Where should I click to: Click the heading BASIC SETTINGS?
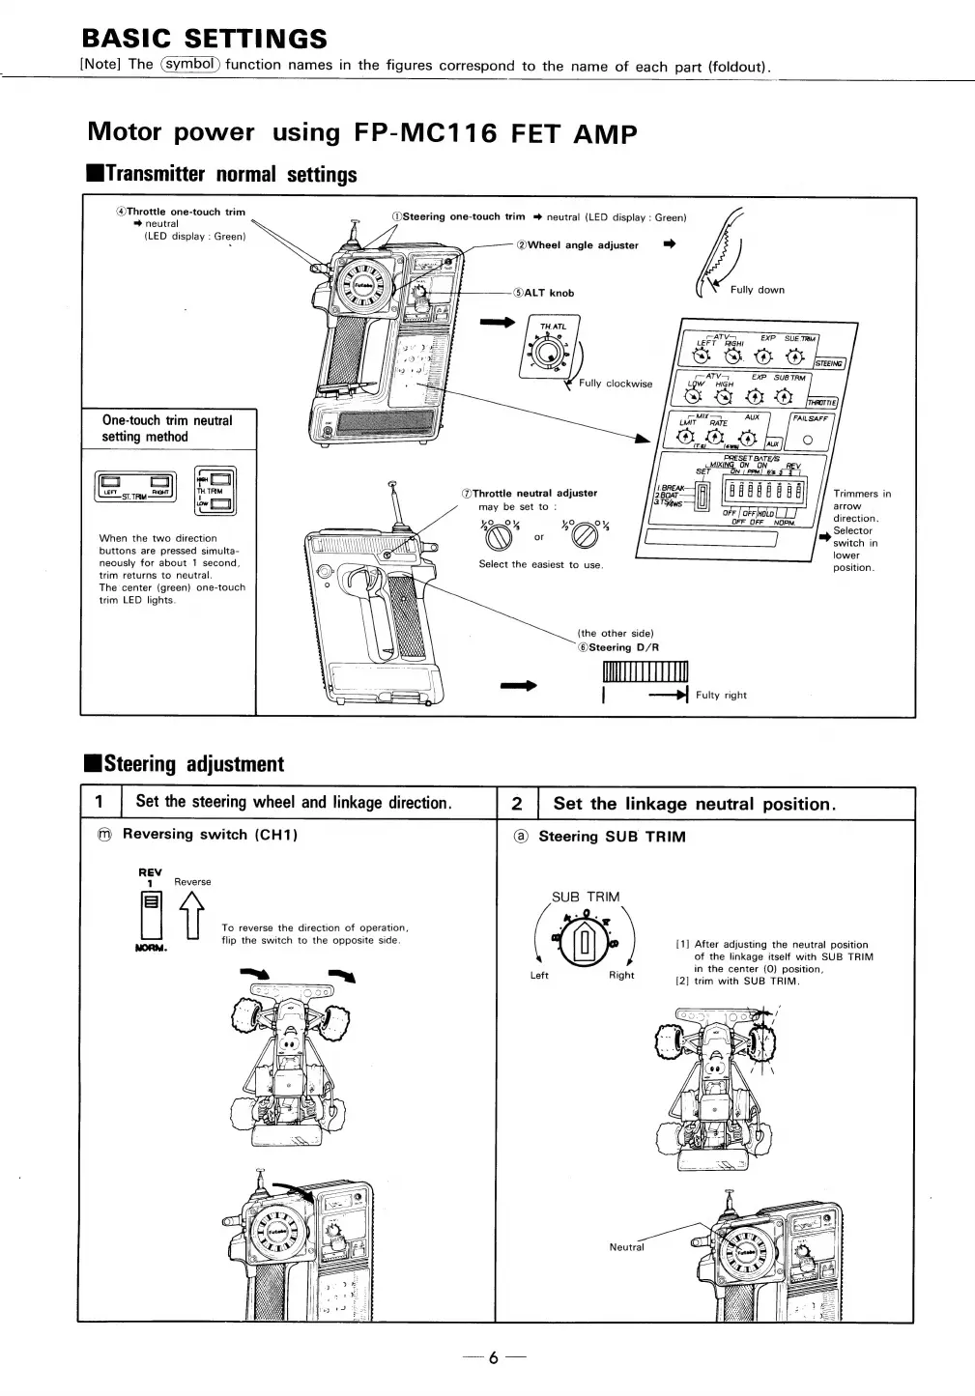click(x=204, y=39)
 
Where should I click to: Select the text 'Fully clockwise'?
click(x=616, y=384)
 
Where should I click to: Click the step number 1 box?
click(x=100, y=803)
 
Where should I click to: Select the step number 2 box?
click(x=516, y=804)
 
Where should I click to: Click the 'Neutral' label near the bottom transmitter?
click(x=626, y=1247)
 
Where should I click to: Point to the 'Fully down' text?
click(x=758, y=290)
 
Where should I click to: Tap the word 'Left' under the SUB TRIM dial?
click(x=539, y=976)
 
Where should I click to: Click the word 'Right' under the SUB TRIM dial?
click(x=621, y=976)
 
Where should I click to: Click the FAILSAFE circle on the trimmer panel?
click(x=809, y=442)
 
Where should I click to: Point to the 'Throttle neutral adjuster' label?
click(x=534, y=494)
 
